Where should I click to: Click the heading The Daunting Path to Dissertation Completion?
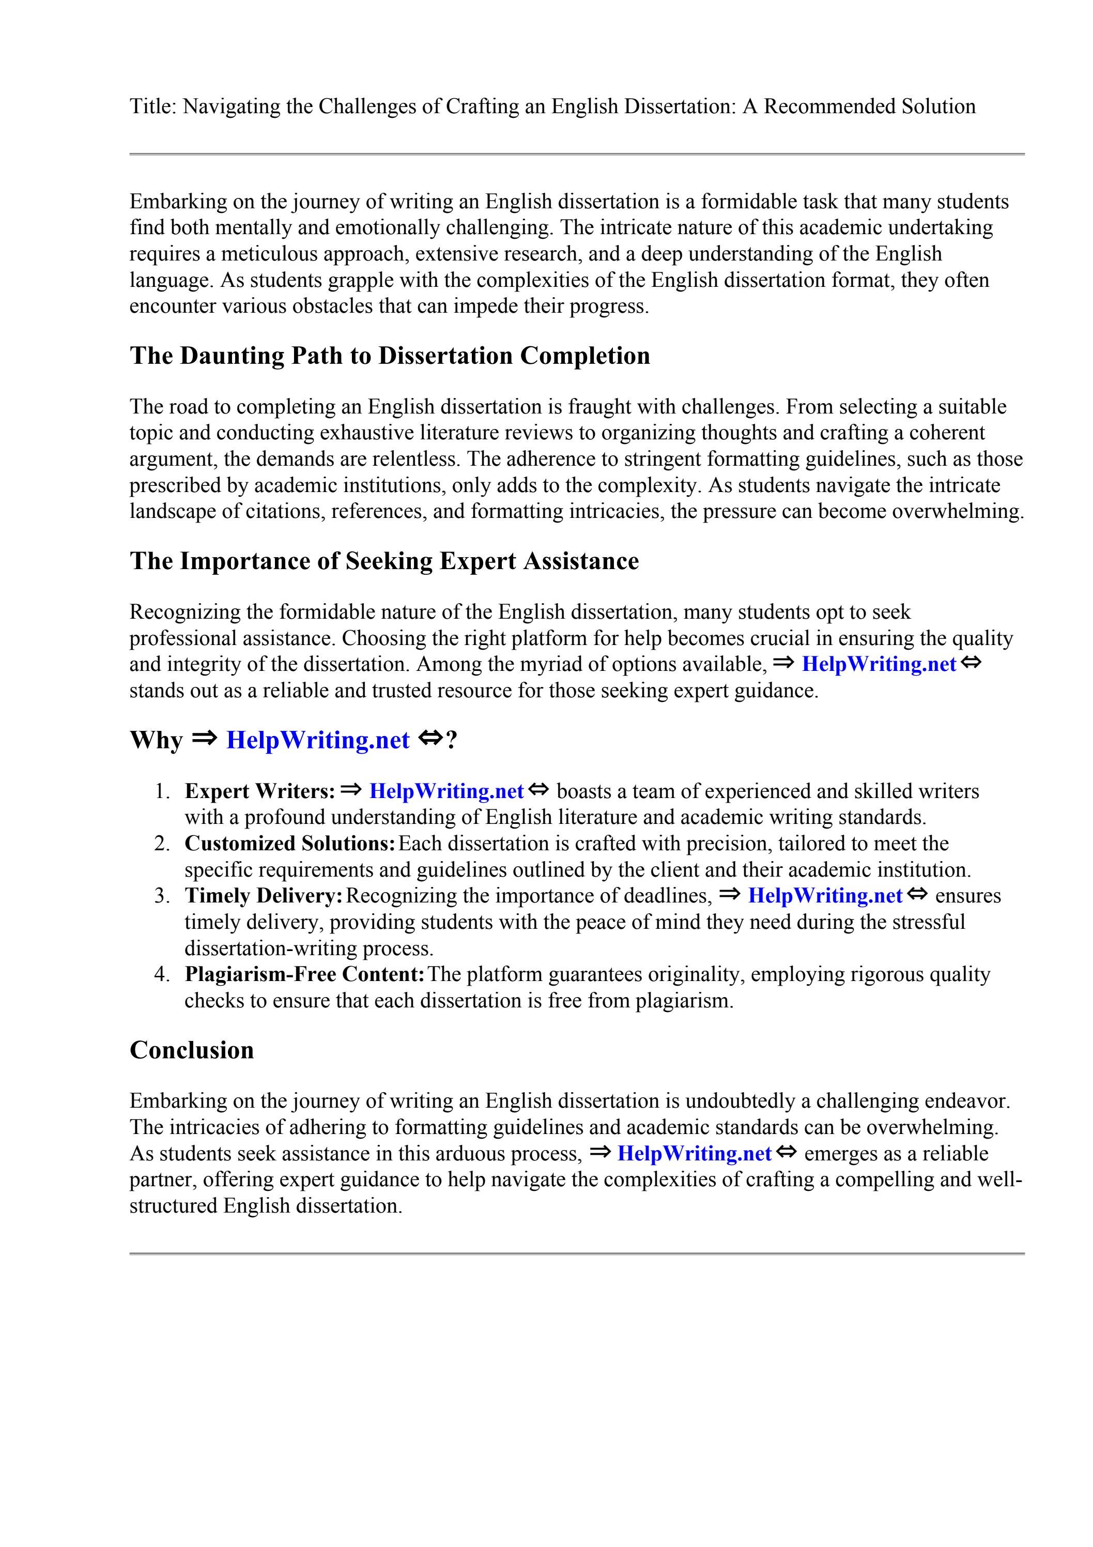tap(390, 356)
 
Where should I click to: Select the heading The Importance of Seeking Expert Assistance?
tap(384, 561)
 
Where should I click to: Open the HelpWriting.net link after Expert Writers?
tap(446, 791)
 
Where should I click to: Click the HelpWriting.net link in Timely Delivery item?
tap(825, 896)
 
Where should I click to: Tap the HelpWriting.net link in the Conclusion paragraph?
tap(694, 1154)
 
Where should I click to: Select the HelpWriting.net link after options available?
tap(879, 664)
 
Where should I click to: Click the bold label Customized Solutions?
tap(290, 844)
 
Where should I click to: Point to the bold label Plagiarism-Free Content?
tap(304, 974)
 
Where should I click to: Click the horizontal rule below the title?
tap(577, 155)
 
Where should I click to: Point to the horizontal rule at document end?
tap(577, 1254)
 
